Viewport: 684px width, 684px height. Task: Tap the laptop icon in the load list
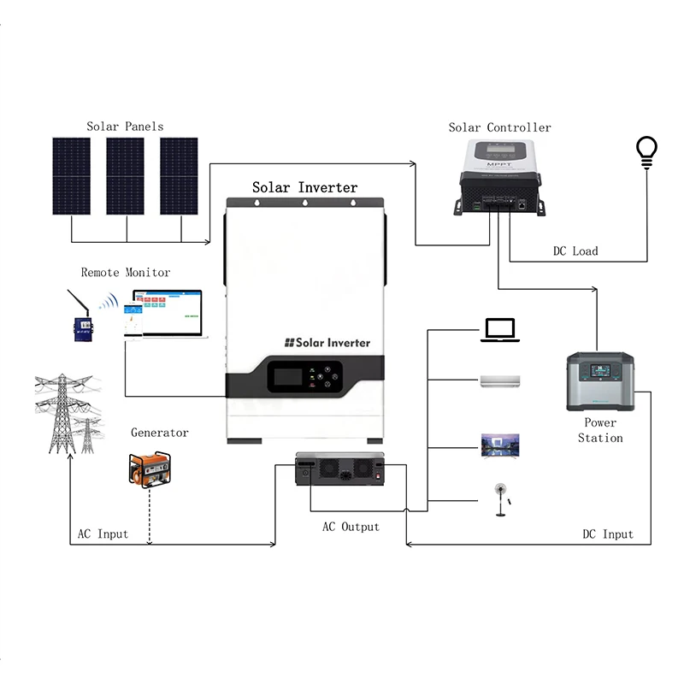tap(500, 330)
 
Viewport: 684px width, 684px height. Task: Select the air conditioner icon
tap(500, 380)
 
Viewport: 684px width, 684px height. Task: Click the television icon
tap(500, 445)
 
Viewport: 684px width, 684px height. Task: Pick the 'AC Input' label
tap(103, 534)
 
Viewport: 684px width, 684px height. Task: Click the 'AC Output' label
tap(351, 527)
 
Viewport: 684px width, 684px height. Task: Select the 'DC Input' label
tap(608, 534)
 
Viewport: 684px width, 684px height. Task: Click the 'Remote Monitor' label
tap(126, 273)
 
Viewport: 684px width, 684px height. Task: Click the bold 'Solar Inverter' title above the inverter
tap(304, 187)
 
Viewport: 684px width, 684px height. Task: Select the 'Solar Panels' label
tap(125, 127)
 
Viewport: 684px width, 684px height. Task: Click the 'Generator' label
tap(160, 433)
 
